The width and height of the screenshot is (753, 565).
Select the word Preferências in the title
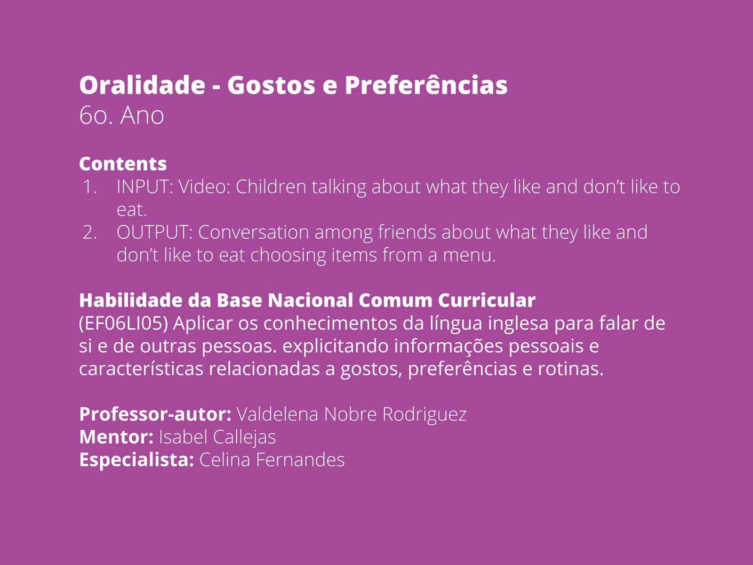[x=426, y=85]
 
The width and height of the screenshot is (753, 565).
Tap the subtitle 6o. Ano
[x=121, y=115]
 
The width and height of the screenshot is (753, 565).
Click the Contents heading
[x=123, y=164]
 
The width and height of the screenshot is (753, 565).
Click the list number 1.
[x=90, y=187]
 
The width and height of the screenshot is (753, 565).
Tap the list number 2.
[x=90, y=233]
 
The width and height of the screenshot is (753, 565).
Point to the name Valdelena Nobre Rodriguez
[x=351, y=414]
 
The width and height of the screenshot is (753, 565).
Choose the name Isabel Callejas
[x=217, y=437]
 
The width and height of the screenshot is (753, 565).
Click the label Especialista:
[x=136, y=460]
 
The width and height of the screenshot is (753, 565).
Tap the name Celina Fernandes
[x=272, y=460]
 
